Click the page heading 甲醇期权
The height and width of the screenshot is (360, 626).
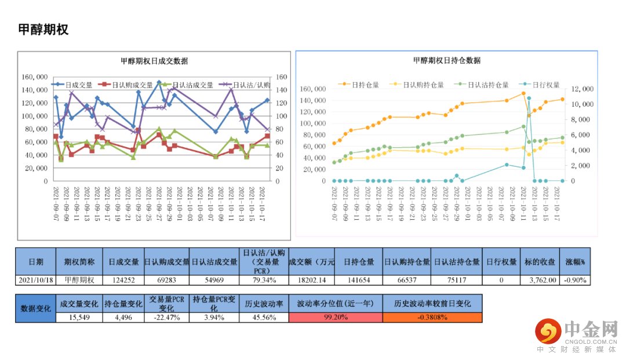[x=43, y=30]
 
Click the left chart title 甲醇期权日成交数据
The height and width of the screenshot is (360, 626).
[x=154, y=61]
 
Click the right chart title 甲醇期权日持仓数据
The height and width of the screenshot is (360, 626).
[x=446, y=60]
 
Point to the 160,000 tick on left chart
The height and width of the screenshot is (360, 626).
[x=34, y=77]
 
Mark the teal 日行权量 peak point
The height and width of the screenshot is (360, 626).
[x=529, y=99]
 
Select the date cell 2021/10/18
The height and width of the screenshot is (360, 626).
[x=36, y=280]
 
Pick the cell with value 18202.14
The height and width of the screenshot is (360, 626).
[x=311, y=280]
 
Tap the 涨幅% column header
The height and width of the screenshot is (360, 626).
[x=576, y=261]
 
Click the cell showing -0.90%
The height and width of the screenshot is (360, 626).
[x=576, y=280]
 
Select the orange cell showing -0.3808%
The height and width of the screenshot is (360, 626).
[x=432, y=317]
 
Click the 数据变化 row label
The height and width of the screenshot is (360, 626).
[x=35, y=308]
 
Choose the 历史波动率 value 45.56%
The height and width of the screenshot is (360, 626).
[x=264, y=317]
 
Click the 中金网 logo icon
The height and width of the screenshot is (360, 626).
[x=548, y=332]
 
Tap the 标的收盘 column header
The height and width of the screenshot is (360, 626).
[x=540, y=261]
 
